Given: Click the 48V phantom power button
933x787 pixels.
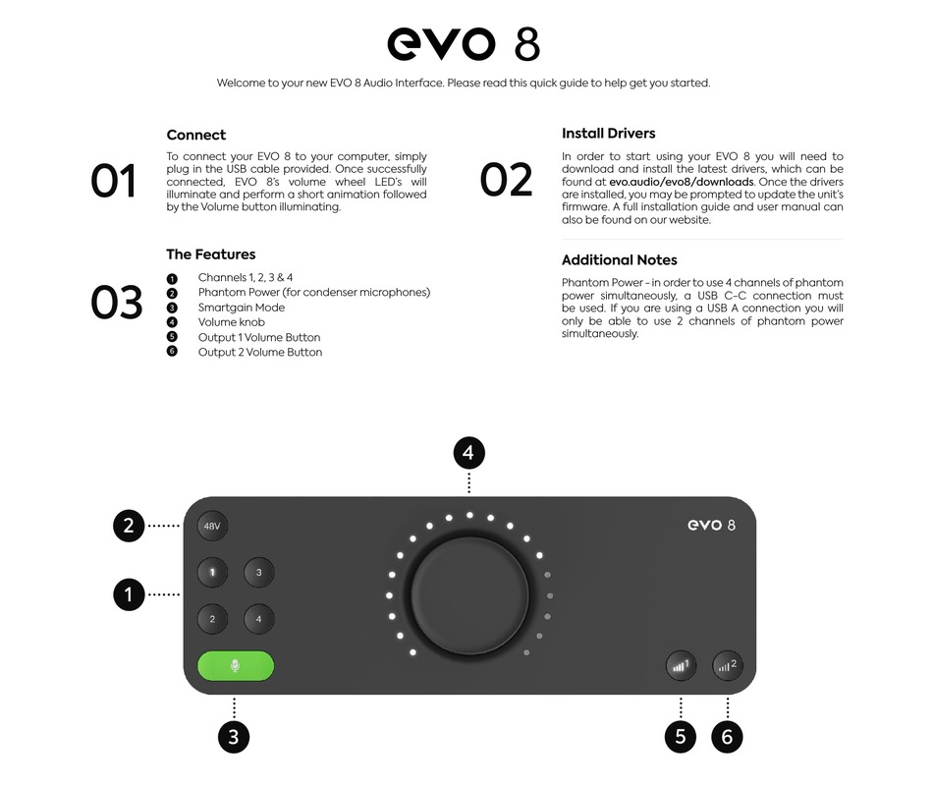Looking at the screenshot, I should point(212,527).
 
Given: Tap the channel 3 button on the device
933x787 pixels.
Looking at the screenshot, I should point(258,572).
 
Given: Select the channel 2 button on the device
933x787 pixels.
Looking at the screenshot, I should point(212,619).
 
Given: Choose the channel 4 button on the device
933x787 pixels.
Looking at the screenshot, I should point(258,619).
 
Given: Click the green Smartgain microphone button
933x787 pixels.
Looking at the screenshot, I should point(235,666).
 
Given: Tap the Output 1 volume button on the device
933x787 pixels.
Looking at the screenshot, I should point(681,665).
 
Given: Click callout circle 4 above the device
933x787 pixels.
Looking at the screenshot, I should point(469,453).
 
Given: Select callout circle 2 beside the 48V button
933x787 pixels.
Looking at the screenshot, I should point(129,526).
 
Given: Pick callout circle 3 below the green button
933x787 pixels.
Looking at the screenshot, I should point(234,737).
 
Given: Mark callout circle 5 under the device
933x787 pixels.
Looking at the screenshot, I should point(681,737).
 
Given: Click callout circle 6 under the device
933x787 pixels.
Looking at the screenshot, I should point(727,737).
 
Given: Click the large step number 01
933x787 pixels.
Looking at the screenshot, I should point(114,182).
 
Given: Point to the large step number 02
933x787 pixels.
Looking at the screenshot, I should point(507,181).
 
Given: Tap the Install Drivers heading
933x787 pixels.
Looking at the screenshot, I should point(608,134).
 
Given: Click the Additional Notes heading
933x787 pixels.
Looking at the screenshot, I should point(619,260).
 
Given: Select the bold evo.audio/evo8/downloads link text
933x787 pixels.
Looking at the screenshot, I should point(682,183).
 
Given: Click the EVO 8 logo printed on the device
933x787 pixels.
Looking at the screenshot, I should point(712,525).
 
